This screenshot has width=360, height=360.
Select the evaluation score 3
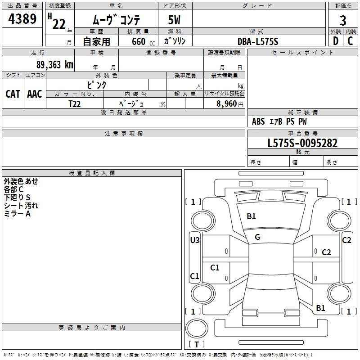pyautogui.click(x=343, y=20)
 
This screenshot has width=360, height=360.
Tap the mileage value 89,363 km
pyautogui.click(x=54, y=65)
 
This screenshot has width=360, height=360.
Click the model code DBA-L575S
pyautogui.click(x=258, y=41)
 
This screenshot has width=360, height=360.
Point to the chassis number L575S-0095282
pyautogui.click(x=302, y=143)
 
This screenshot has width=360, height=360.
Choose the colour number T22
pyautogui.click(x=75, y=103)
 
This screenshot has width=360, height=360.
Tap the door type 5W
pyautogui.click(x=175, y=21)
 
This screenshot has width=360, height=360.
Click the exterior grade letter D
pyautogui.click(x=335, y=41)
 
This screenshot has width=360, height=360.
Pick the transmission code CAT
pyautogui.click(x=13, y=94)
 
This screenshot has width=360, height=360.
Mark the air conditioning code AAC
pyautogui.click(x=35, y=94)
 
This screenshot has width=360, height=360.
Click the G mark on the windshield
pyautogui.click(x=257, y=237)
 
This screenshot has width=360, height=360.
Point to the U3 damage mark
pyautogui.click(x=194, y=240)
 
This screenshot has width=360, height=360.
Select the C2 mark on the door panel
pyautogui.click(x=326, y=252)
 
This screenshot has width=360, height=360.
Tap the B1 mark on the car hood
pyautogui.click(x=251, y=216)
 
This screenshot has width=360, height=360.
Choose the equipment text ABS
pyautogui.click(x=258, y=121)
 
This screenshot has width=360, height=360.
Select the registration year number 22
pyautogui.click(x=58, y=24)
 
